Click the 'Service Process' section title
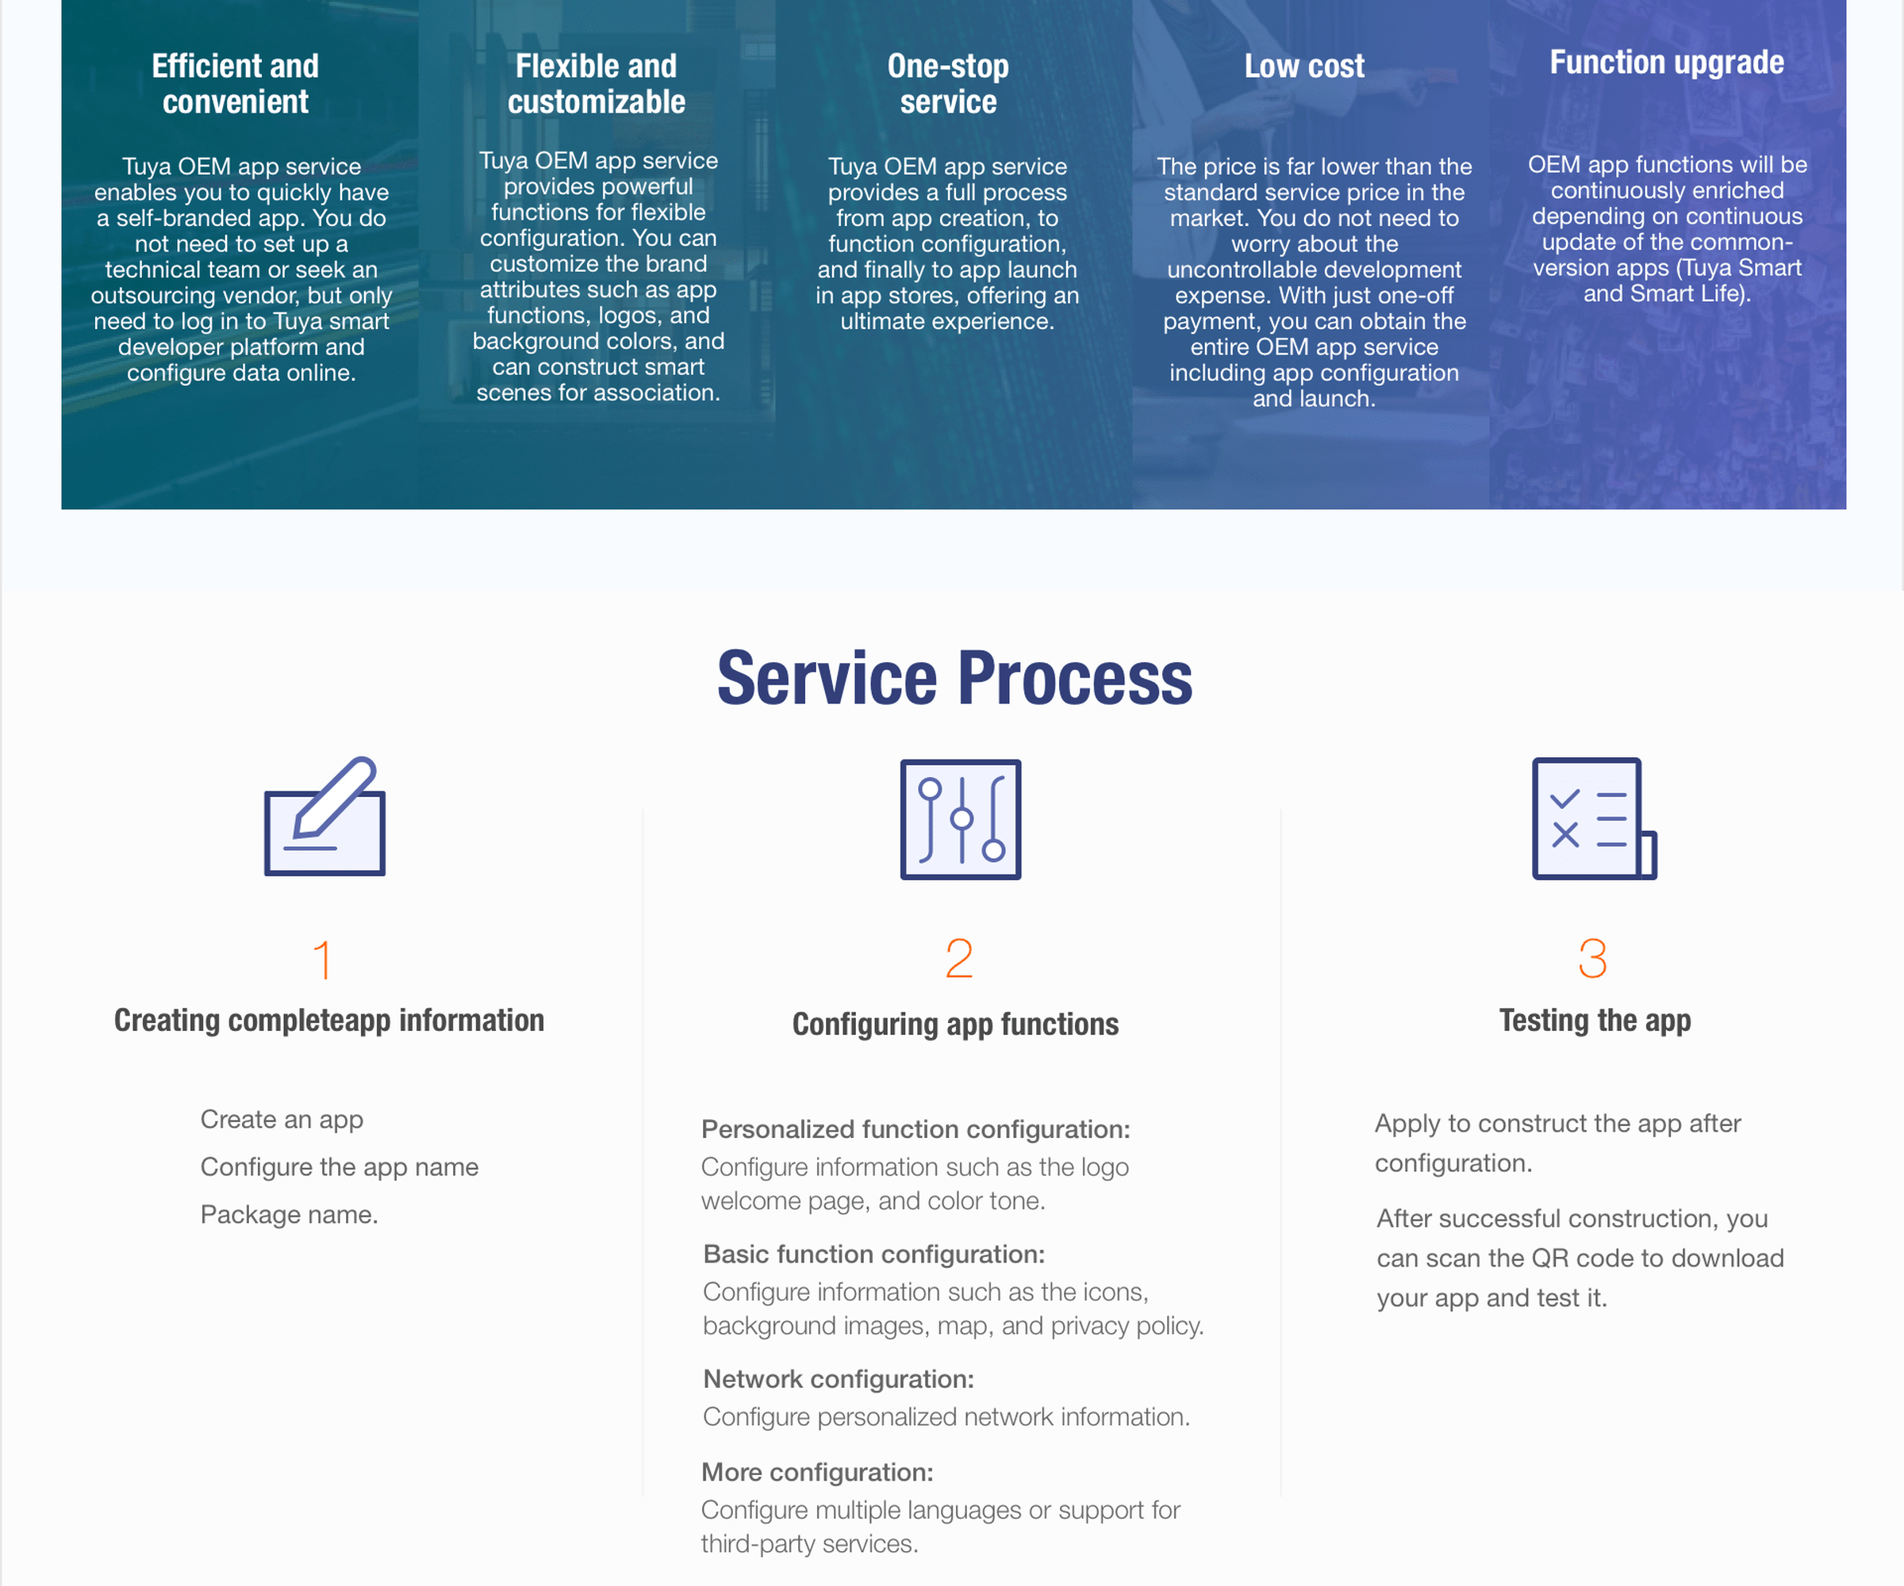[954, 678]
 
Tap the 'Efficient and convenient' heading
[236, 83]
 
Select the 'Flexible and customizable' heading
[597, 83]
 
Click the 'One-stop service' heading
[948, 83]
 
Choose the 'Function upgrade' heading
[1667, 63]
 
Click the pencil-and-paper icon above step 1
[324, 816]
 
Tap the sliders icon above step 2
[960, 819]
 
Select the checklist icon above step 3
[1594, 818]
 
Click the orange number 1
[323, 960]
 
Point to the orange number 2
[959, 959]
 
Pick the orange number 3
[1593, 959]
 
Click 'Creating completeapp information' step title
[329, 1021]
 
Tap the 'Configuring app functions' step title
[956, 1024]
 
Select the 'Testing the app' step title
[1595, 1021]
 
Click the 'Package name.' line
[290, 1214]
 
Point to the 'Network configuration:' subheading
[839, 1378]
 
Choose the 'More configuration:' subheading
[818, 1472]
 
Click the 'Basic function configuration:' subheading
[874, 1254]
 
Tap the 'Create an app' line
[282, 1119]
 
